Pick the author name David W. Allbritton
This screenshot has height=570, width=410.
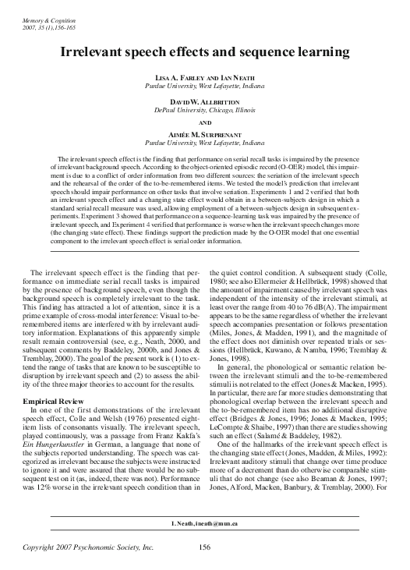(205, 103)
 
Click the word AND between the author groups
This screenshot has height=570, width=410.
(205, 123)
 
